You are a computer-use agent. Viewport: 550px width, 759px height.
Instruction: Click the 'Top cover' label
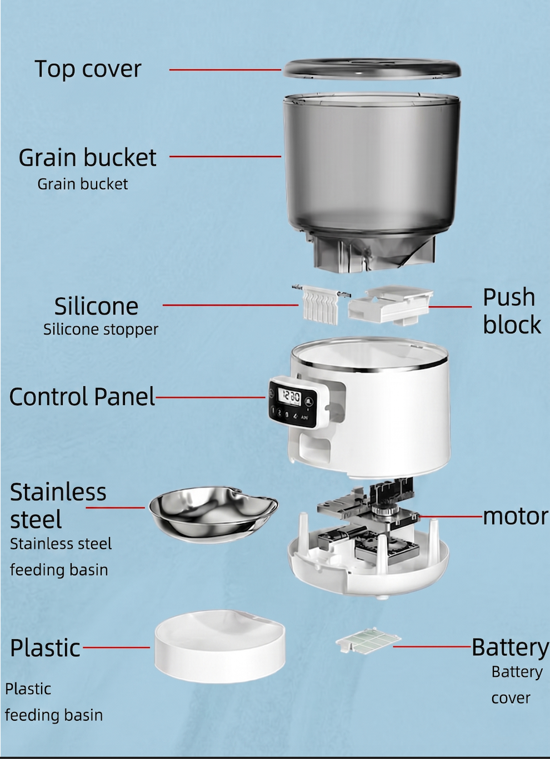pos(88,69)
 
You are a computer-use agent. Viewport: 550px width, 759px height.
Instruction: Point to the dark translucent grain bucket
pos(372,181)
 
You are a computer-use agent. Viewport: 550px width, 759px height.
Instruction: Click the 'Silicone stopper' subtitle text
pos(101,330)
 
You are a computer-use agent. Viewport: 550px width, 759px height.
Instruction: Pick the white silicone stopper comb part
pos(321,304)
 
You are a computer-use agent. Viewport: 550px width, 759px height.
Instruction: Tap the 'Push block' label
pos(512,311)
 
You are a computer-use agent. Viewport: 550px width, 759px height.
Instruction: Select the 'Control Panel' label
pos(82,397)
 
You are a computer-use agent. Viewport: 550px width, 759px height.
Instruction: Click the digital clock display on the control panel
pos(289,397)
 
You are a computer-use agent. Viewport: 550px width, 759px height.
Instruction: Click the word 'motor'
pos(516,517)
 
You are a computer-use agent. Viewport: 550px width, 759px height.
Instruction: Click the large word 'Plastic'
pos(45,648)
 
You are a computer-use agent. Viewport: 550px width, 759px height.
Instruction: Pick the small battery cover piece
pos(368,640)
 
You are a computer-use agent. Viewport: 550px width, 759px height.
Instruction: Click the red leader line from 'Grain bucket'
pos(226,156)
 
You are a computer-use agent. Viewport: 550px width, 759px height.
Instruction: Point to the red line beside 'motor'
pos(451,517)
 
